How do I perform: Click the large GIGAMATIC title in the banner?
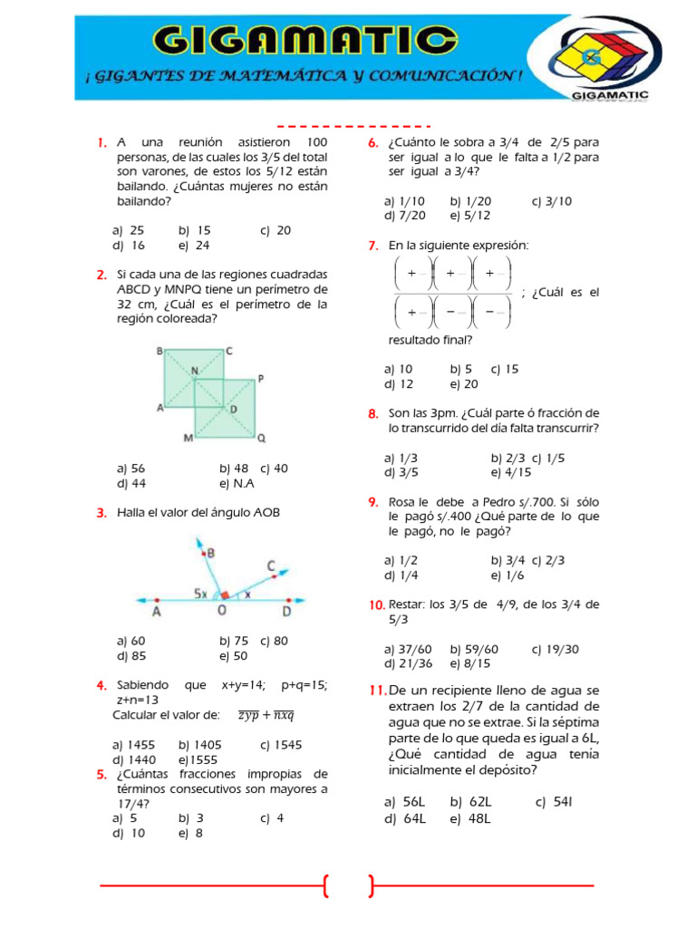304,41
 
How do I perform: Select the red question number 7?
372,246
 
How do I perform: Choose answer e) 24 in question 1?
193,245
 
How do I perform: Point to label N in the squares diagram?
194,371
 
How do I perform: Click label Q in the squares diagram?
262,438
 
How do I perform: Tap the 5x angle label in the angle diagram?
201,594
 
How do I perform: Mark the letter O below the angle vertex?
221,612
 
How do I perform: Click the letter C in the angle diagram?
271,566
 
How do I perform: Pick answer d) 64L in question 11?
404,818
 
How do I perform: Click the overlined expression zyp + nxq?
266,715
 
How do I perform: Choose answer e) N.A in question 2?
237,483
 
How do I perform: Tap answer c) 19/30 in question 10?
555,649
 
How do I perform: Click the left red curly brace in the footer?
325,885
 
